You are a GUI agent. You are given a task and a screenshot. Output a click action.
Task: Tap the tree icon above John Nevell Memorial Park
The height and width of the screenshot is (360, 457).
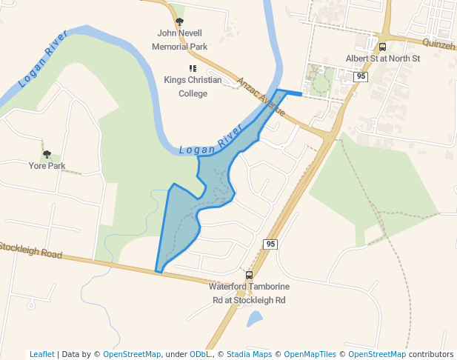coord(179,21)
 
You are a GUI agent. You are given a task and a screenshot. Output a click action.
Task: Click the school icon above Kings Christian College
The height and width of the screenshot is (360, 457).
coord(193,69)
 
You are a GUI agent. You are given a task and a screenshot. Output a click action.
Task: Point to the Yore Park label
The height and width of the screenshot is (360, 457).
coord(47,166)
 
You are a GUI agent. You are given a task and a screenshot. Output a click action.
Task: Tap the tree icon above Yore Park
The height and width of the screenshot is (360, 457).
coord(47,154)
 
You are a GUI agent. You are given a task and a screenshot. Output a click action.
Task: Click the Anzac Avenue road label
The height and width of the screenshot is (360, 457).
coord(261,96)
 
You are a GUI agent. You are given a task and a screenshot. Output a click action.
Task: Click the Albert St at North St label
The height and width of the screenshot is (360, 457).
coord(382,59)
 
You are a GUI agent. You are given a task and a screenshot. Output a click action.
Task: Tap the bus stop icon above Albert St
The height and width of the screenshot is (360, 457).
coord(382,46)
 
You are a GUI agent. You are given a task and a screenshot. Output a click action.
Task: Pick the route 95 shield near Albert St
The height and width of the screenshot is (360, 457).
coord(361,76)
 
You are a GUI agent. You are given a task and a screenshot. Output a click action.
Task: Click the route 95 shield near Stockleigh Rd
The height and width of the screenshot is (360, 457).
coord(270,244)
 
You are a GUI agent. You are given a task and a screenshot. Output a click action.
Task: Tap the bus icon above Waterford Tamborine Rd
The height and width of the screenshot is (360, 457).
coord(249,275)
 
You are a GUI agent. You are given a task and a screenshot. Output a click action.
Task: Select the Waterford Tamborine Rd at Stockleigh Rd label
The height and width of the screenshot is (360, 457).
coord(249,293)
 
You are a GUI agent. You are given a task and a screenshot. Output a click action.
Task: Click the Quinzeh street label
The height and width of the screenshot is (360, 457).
coord(439,45)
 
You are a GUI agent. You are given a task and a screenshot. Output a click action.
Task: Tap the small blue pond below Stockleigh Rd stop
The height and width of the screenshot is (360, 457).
coord(254,319)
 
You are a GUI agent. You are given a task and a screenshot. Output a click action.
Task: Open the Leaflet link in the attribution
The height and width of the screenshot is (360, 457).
coord(42,354)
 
